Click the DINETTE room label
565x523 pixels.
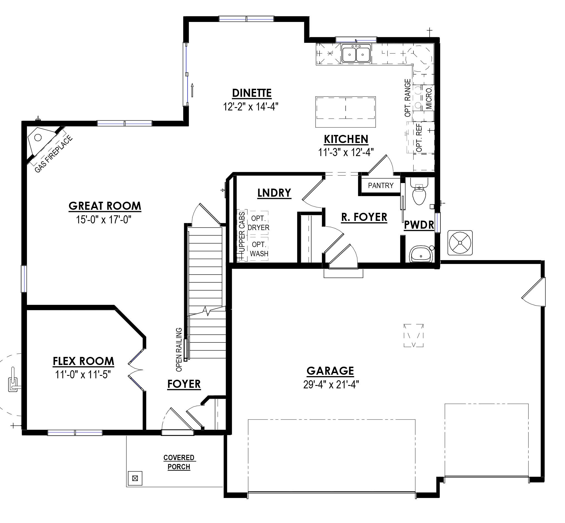coord(252,93)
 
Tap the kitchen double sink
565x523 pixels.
coord(356,54)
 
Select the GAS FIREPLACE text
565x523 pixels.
coord(53,154)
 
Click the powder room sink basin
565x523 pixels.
coord(421,254)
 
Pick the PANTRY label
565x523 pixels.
coord(381,186)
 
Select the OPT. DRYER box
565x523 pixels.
coord(258,223)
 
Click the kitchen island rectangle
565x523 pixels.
coord(345,112)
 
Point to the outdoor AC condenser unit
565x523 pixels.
coord(460,243)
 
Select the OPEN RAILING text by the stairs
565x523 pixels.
coord(179,349)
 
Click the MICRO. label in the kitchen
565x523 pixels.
coord(429,98)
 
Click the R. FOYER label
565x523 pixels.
coord(364,217)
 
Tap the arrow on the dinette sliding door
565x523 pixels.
coord(192,90)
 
